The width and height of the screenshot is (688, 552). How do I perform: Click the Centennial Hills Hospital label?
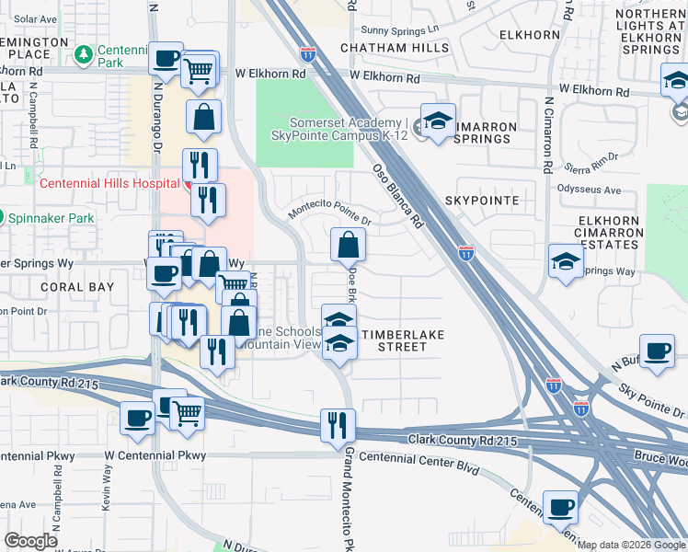pos(109,183)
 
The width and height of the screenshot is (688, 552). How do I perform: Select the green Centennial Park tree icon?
pos(84,55)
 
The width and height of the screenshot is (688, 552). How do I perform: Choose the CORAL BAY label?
pos(77,287)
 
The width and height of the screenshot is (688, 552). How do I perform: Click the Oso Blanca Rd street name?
pos(398,196)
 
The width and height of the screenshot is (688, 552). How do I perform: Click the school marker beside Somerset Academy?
pos(438,121)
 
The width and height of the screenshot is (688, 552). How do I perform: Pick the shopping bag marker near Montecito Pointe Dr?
pos(349,245)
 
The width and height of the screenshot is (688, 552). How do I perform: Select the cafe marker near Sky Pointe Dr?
pos(657,351)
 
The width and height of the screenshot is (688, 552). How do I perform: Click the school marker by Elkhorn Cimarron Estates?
pos(565,261)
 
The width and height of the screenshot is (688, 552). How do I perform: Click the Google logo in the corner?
pos(31,540)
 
